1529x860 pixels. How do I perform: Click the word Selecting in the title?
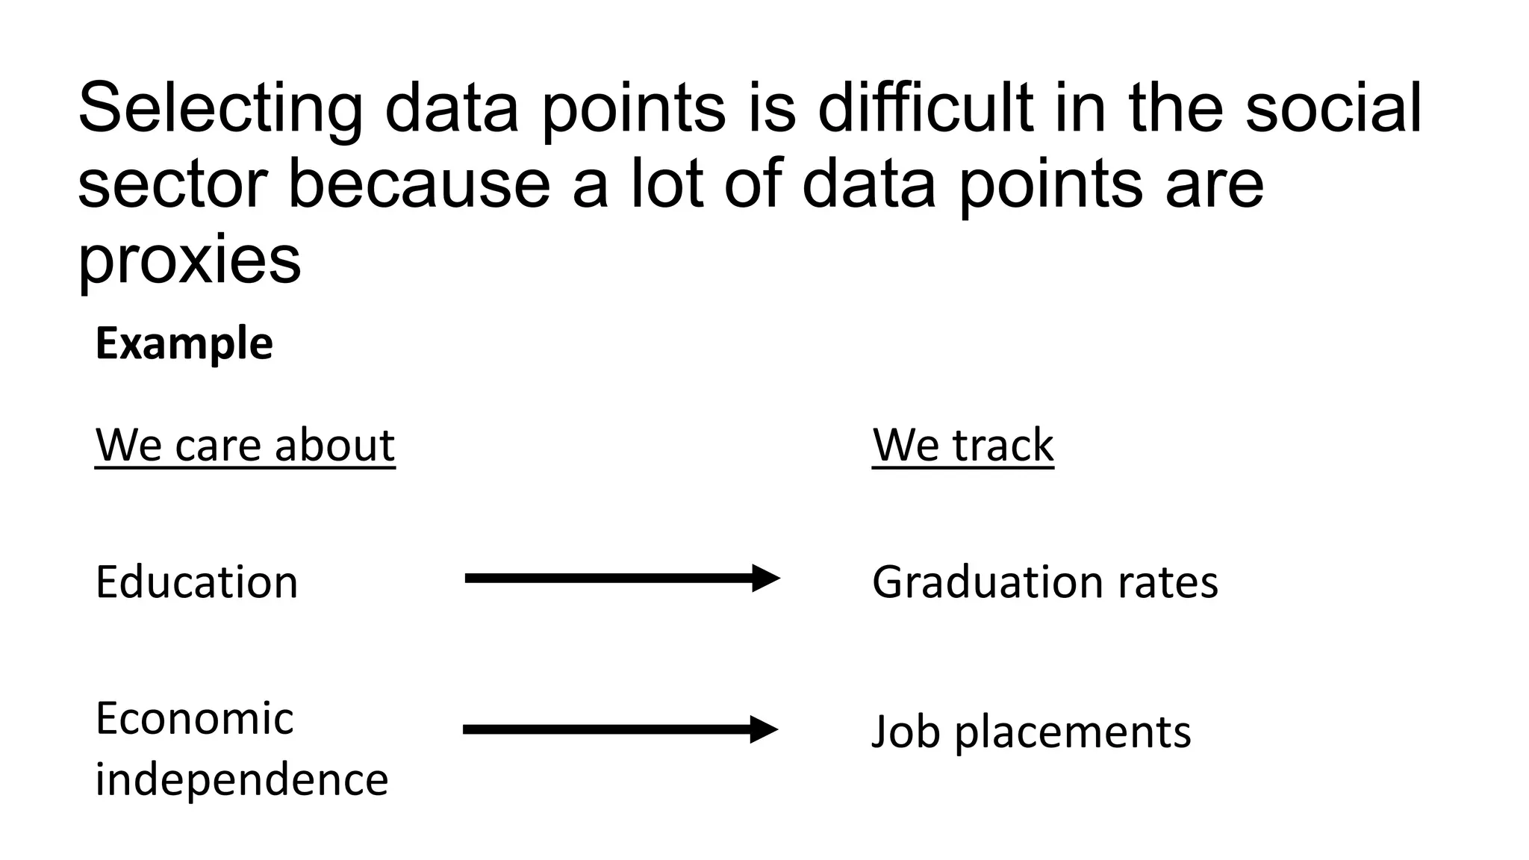click(220, 109)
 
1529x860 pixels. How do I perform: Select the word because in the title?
click(419, 184)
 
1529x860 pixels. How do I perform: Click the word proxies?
click(190, 261)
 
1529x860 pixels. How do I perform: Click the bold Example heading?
click(184, 344)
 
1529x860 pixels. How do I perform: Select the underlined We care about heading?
click(245, 446)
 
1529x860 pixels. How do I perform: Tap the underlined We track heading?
click(962, 446)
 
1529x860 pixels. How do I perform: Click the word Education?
click(197, 582)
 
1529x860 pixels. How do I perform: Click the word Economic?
click(195, 719)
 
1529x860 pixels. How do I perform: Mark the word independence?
click(242, 780)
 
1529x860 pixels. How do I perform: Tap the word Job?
click(906, 732)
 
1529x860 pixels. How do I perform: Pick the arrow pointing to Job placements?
click(620, 729)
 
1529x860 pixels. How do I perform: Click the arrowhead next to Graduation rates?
click(765, 579)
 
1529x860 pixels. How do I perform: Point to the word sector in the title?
click(172, 184)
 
